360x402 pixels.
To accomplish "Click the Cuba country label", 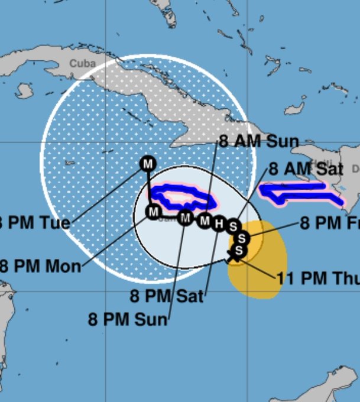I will click(x=82, y=63).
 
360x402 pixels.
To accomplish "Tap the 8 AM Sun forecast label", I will click(x=258, y=141).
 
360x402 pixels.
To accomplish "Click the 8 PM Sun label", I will click(x=128, y=319).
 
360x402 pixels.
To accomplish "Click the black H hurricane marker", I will click(x=219, y=223).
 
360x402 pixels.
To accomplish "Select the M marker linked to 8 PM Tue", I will click(x=147, y=163).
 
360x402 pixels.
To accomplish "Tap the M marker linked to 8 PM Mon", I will click(x=153, y=211).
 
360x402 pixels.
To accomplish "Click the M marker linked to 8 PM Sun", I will click(x=186, y=218).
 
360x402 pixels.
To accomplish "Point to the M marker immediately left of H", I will click(x=205, y=221).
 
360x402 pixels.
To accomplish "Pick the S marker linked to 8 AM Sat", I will click(x=233, y=226).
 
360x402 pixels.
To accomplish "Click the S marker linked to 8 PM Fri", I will click(x=242, y=238).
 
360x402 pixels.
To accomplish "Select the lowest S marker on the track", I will click(x=239, y=251).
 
